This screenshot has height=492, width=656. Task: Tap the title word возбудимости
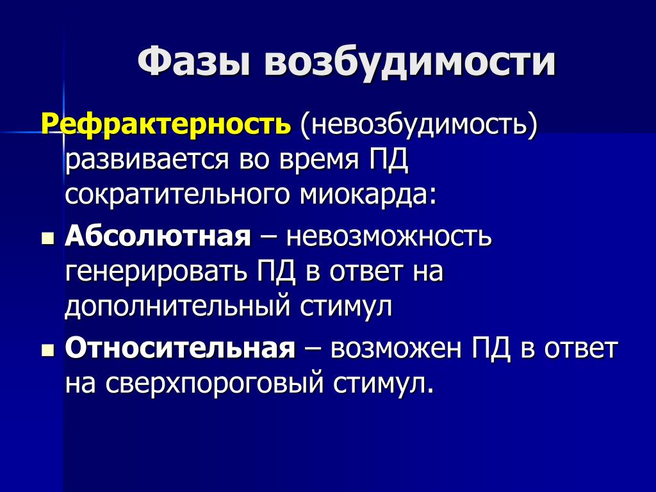pos(411,63)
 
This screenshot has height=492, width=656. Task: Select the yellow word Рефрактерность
pos(166,124)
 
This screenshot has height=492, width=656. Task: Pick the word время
pos(318,161)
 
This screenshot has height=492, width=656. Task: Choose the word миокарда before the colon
pos(363,195)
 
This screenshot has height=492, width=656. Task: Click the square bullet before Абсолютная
pos(49,239)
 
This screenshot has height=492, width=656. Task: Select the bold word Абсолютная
pos(158,236)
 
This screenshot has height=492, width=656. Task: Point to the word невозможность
pos(389,237)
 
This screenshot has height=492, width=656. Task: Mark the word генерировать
pos(156,272)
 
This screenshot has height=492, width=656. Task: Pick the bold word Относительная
pos(180,347)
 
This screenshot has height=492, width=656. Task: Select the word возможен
pos(396,348)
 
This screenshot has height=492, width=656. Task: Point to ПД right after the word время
pos(388,160)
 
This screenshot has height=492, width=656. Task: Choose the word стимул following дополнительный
pos(346,307)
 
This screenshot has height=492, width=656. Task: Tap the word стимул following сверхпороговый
pos(382,383)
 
